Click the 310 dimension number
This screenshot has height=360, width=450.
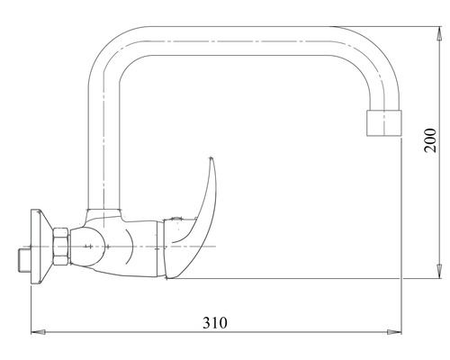(215, 323)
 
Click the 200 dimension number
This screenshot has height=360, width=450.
(430, 140)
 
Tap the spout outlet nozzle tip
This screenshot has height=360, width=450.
(384, 123)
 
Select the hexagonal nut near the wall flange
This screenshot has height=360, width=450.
(61, 247)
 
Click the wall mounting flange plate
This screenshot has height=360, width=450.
(39, 247)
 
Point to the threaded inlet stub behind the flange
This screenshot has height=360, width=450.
(24, 260)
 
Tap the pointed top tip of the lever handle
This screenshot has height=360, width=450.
(211, 157)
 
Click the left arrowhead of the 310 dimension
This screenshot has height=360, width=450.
(39, 332)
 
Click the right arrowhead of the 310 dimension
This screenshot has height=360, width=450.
(394, 332)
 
